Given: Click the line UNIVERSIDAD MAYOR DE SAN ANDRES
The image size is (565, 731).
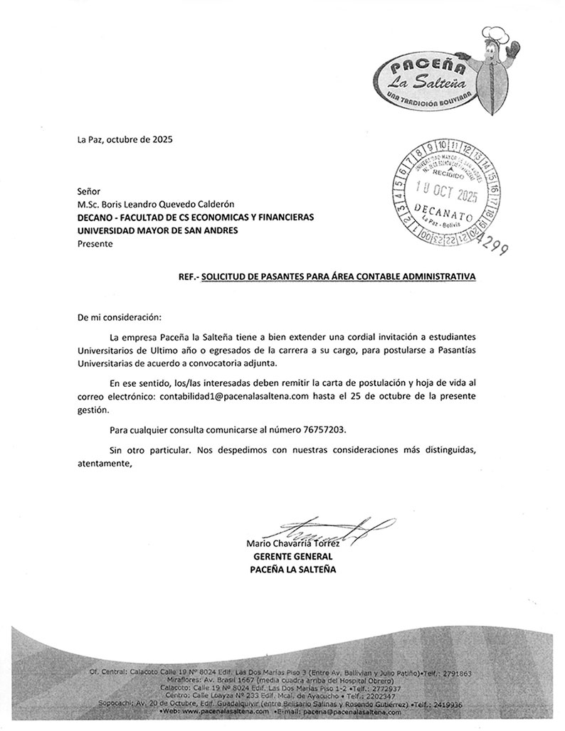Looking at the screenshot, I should [157, 230].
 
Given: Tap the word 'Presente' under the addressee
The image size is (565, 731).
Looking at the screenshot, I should [95, 243].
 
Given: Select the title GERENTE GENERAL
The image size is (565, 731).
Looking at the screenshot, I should [292, 557].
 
